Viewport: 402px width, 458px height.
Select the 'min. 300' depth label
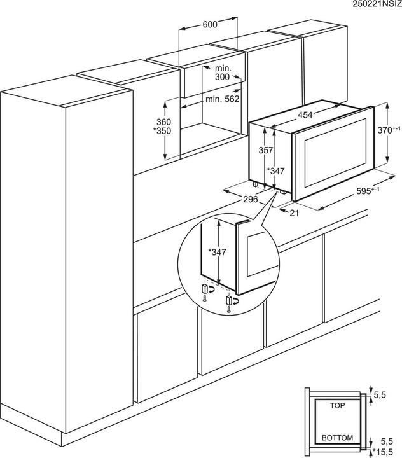pyautogui.click(x=222, y=72)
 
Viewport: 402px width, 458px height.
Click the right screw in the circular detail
pyautogui.click(x=228, y=309)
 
